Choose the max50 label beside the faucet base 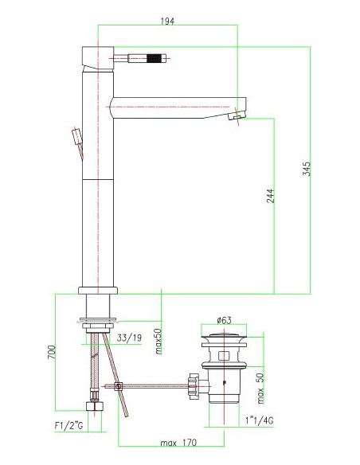click(x=158, y=342)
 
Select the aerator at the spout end click(x=237, y=117)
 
